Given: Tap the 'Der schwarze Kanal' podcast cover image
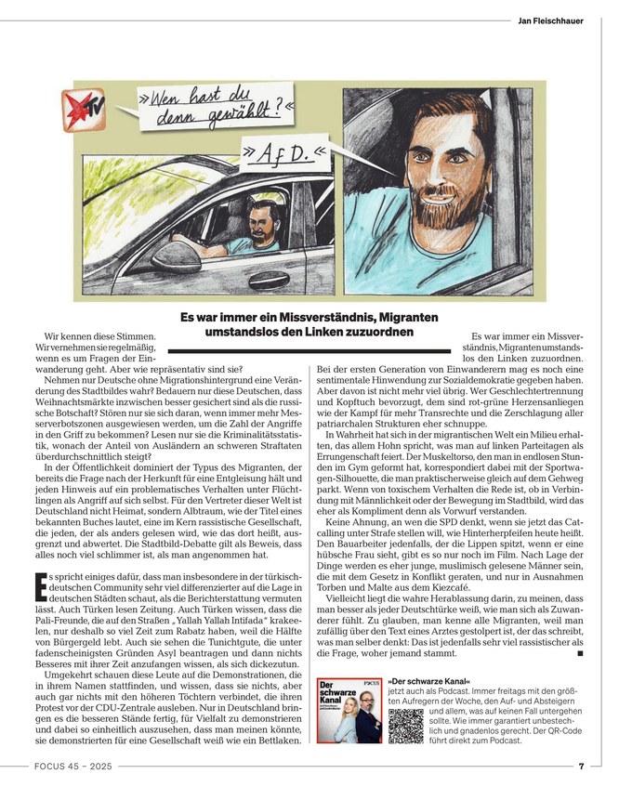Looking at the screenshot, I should [349, 710].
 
